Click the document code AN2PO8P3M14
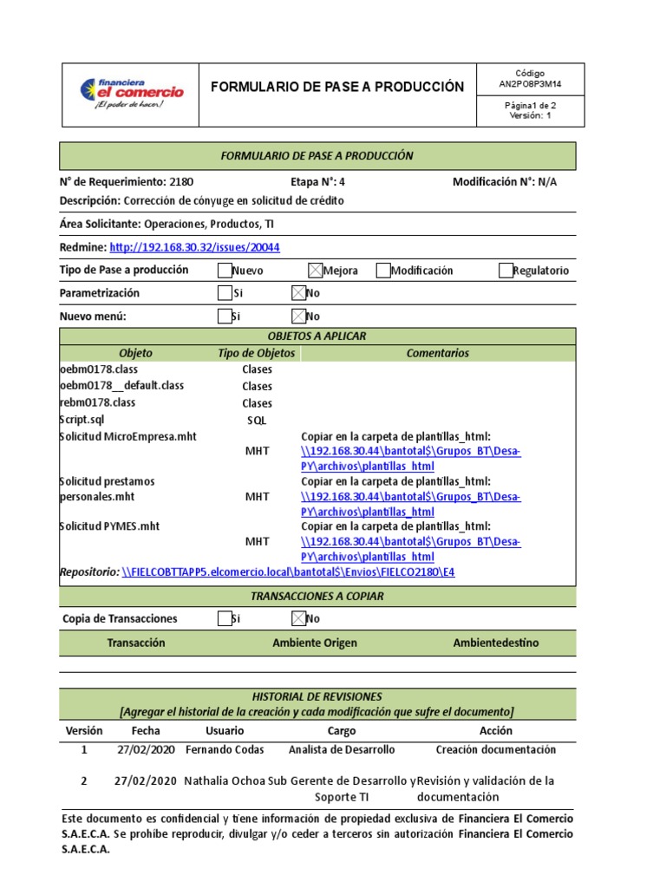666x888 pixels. pos(530,85)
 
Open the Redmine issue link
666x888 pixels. pos(195,247)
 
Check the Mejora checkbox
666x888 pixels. pos(316,271)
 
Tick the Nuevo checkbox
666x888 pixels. pos(225,271)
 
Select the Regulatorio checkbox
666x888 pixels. pos(506,271)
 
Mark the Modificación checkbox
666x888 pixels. pos(383,271)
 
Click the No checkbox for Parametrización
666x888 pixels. pos(298,293)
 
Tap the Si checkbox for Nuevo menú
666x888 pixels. pos(225,316)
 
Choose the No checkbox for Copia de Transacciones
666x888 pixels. pos(298,618)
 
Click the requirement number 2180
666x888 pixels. pos(182,182)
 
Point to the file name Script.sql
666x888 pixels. pos(82,420)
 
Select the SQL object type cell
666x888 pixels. pos(257,421)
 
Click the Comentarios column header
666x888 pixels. pos(437,353)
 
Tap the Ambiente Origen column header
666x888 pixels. pos(315,643)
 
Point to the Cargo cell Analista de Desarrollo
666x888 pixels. pos(342,749)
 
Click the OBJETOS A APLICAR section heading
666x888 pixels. pos(317,336)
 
